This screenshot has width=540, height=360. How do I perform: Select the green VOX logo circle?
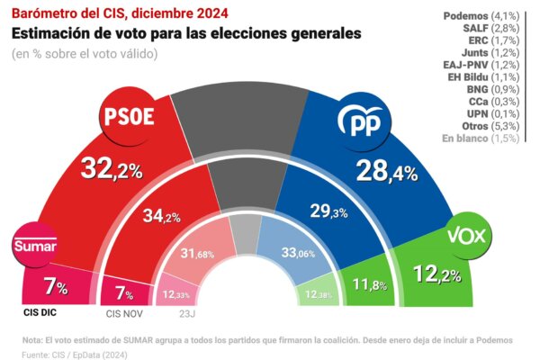[468, 237]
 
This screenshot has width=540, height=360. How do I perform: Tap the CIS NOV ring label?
[126, 314]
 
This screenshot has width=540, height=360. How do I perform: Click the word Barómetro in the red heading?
[43, 13]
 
